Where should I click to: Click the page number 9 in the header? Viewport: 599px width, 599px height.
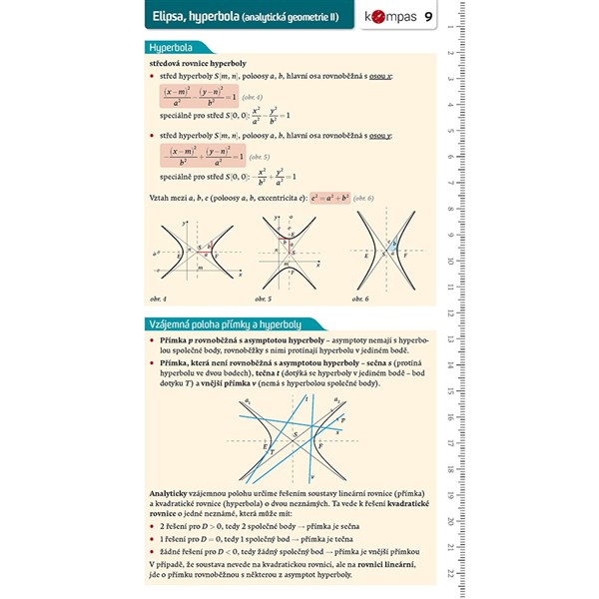(x=428, y=16)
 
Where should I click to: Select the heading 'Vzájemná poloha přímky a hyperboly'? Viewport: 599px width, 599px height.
(x=225, y=324)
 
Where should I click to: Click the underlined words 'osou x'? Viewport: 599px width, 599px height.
(x=379, y=77)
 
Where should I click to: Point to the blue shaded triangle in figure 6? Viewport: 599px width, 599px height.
(x=391, y=246)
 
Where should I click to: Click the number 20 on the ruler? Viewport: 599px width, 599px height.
(x=452, y=522)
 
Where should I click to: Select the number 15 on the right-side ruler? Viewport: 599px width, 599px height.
(x=452, y=395)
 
